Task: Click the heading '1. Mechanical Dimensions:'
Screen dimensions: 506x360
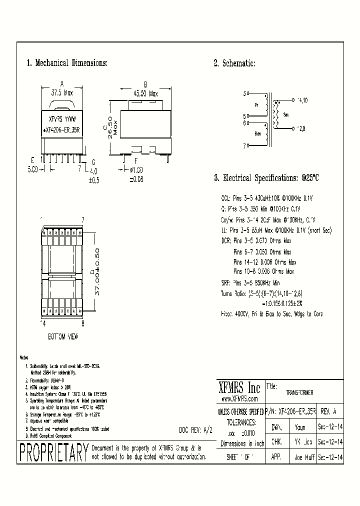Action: click(66, 63)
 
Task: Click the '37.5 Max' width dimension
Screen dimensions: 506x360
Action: click(61, 93)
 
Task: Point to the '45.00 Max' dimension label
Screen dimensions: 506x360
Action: click(145, 93)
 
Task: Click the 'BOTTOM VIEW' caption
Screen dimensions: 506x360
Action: click(62, 336)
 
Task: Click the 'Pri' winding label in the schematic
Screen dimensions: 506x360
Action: click(256, 105)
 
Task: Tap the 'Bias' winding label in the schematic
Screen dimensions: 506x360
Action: click(257, 133)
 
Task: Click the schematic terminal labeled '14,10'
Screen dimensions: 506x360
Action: click(302, 100)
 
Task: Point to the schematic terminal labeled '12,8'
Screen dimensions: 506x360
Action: click(302, 128)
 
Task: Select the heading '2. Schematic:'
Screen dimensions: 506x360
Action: click(234, 63)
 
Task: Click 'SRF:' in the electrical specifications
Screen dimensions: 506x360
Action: click(226, 283)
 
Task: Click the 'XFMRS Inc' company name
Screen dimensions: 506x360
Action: click(240, 387)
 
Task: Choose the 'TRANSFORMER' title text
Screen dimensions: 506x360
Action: click(299, 393)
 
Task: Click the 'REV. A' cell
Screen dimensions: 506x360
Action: click(328, 411)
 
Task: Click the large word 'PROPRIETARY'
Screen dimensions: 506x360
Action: click(53, 453)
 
